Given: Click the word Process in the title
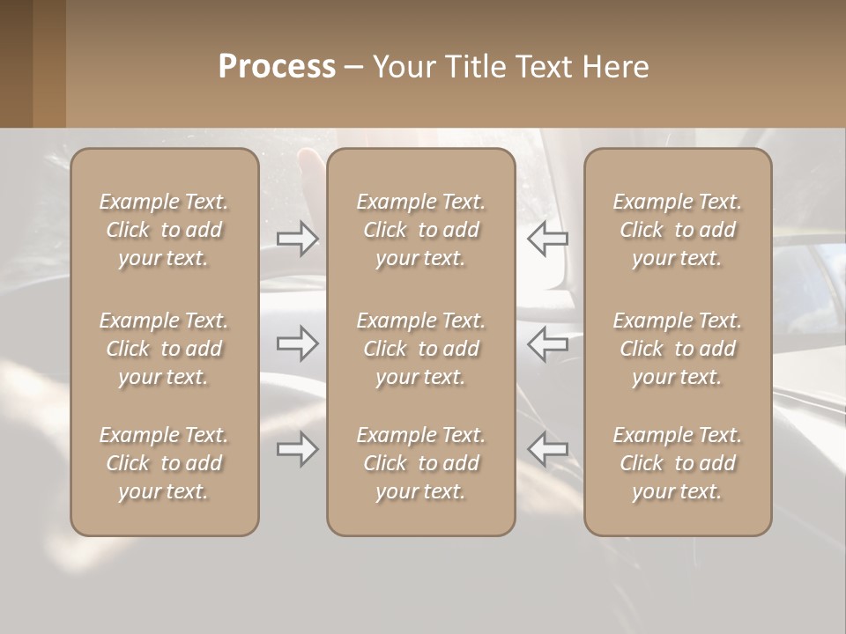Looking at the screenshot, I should point(277,67).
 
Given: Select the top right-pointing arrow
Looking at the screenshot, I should point(298,239).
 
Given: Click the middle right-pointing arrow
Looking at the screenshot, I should point(298,343).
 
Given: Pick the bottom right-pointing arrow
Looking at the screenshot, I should point(298,449).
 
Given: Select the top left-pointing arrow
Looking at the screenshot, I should point(547,239).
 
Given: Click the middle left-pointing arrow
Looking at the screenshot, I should point(547,343).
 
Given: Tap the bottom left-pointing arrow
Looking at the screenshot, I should point(547,449).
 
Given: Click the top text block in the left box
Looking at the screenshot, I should point(164,230).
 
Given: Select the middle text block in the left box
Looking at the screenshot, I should point(164,349).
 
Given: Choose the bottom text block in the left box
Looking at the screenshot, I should point(164,463).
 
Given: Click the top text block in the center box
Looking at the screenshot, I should point(420,230).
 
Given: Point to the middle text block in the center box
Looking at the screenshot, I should point(420,349).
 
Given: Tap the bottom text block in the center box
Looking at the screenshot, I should point(420,463).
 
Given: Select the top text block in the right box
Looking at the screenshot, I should point(677,230).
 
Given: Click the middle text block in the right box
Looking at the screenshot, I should point(677,349).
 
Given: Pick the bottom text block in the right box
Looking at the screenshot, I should point(677,463).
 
